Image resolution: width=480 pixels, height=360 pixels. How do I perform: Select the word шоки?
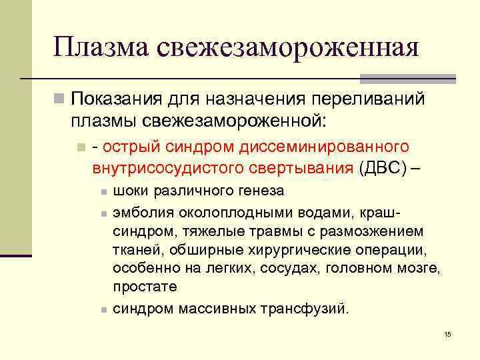click(x=131, y=191)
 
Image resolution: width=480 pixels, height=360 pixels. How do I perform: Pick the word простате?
click(x=145, y=287)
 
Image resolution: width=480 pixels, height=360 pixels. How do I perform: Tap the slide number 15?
click(x=447, y=333)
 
